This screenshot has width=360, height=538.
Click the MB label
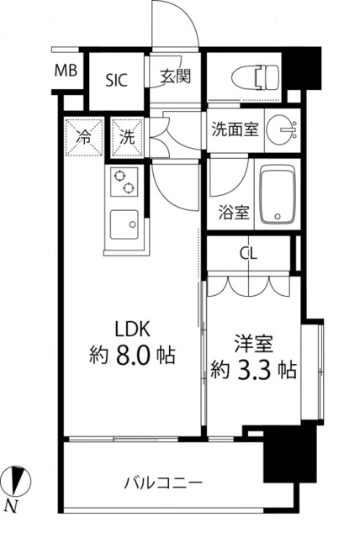(x=66, y=71)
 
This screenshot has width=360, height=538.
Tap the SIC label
(x=118, y=81)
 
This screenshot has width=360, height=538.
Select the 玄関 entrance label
(x=176, y=76)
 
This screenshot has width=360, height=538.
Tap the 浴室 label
(x=235, y=211)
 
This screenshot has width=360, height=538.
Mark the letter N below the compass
(x=12, y=505)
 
